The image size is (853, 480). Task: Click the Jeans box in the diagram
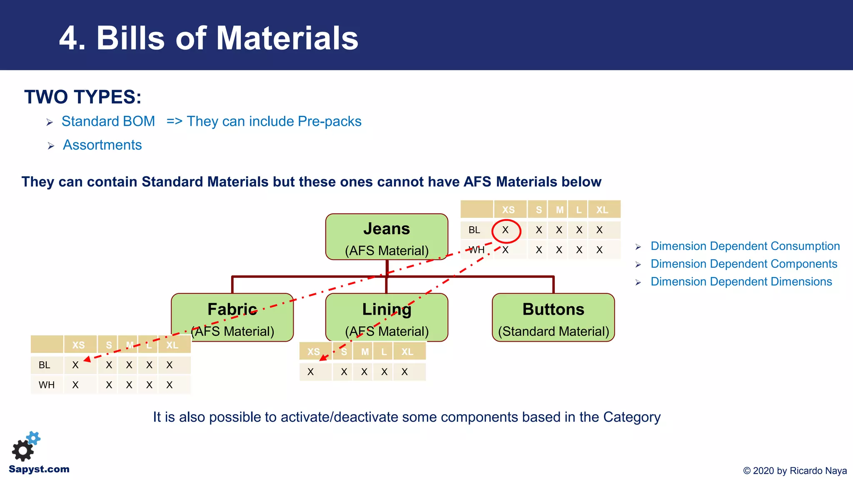click(x=387, y=237)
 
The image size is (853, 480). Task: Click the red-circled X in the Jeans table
click(x=506, y=230)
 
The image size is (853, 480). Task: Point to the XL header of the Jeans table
click(x=602, y=210)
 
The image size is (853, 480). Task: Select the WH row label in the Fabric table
click(x=46, y=385)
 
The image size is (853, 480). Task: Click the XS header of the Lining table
click(x=314, y=352)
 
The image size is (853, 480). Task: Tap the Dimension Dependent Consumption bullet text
click(x=745, y=246)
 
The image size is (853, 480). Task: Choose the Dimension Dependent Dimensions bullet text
click(x=741, y=282)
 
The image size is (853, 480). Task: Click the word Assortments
click(x=102, y=145)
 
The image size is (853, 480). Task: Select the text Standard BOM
click(x=108, y=121)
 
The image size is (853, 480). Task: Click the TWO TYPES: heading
click(x=82, y=97)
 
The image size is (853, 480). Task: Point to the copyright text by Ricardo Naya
click(x=795, y=470)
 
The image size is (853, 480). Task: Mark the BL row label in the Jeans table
click(x=474, y=230)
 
